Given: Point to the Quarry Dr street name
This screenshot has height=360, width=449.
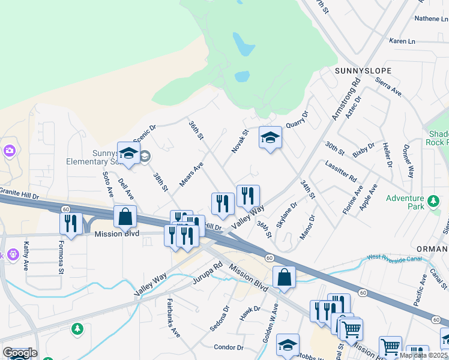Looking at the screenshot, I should coord(297,119).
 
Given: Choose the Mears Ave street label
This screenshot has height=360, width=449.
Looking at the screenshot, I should coord(191,174).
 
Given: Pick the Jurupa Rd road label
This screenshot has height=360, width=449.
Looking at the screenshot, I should coord(208,272).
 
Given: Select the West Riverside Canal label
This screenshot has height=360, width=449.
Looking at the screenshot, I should coord(392,259).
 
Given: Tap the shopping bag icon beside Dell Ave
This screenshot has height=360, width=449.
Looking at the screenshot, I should coord(125,217).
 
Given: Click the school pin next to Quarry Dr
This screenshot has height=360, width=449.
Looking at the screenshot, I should coord(270,138).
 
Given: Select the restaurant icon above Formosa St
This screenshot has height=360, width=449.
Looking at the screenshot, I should coord(71,223).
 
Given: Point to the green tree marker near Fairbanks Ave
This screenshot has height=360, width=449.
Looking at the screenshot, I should coord(77,328).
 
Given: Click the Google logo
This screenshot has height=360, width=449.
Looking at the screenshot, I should coord(19,353).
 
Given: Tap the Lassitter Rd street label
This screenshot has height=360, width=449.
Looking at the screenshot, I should coord(341,171).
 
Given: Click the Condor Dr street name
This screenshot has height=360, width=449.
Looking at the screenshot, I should coord(229,347).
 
